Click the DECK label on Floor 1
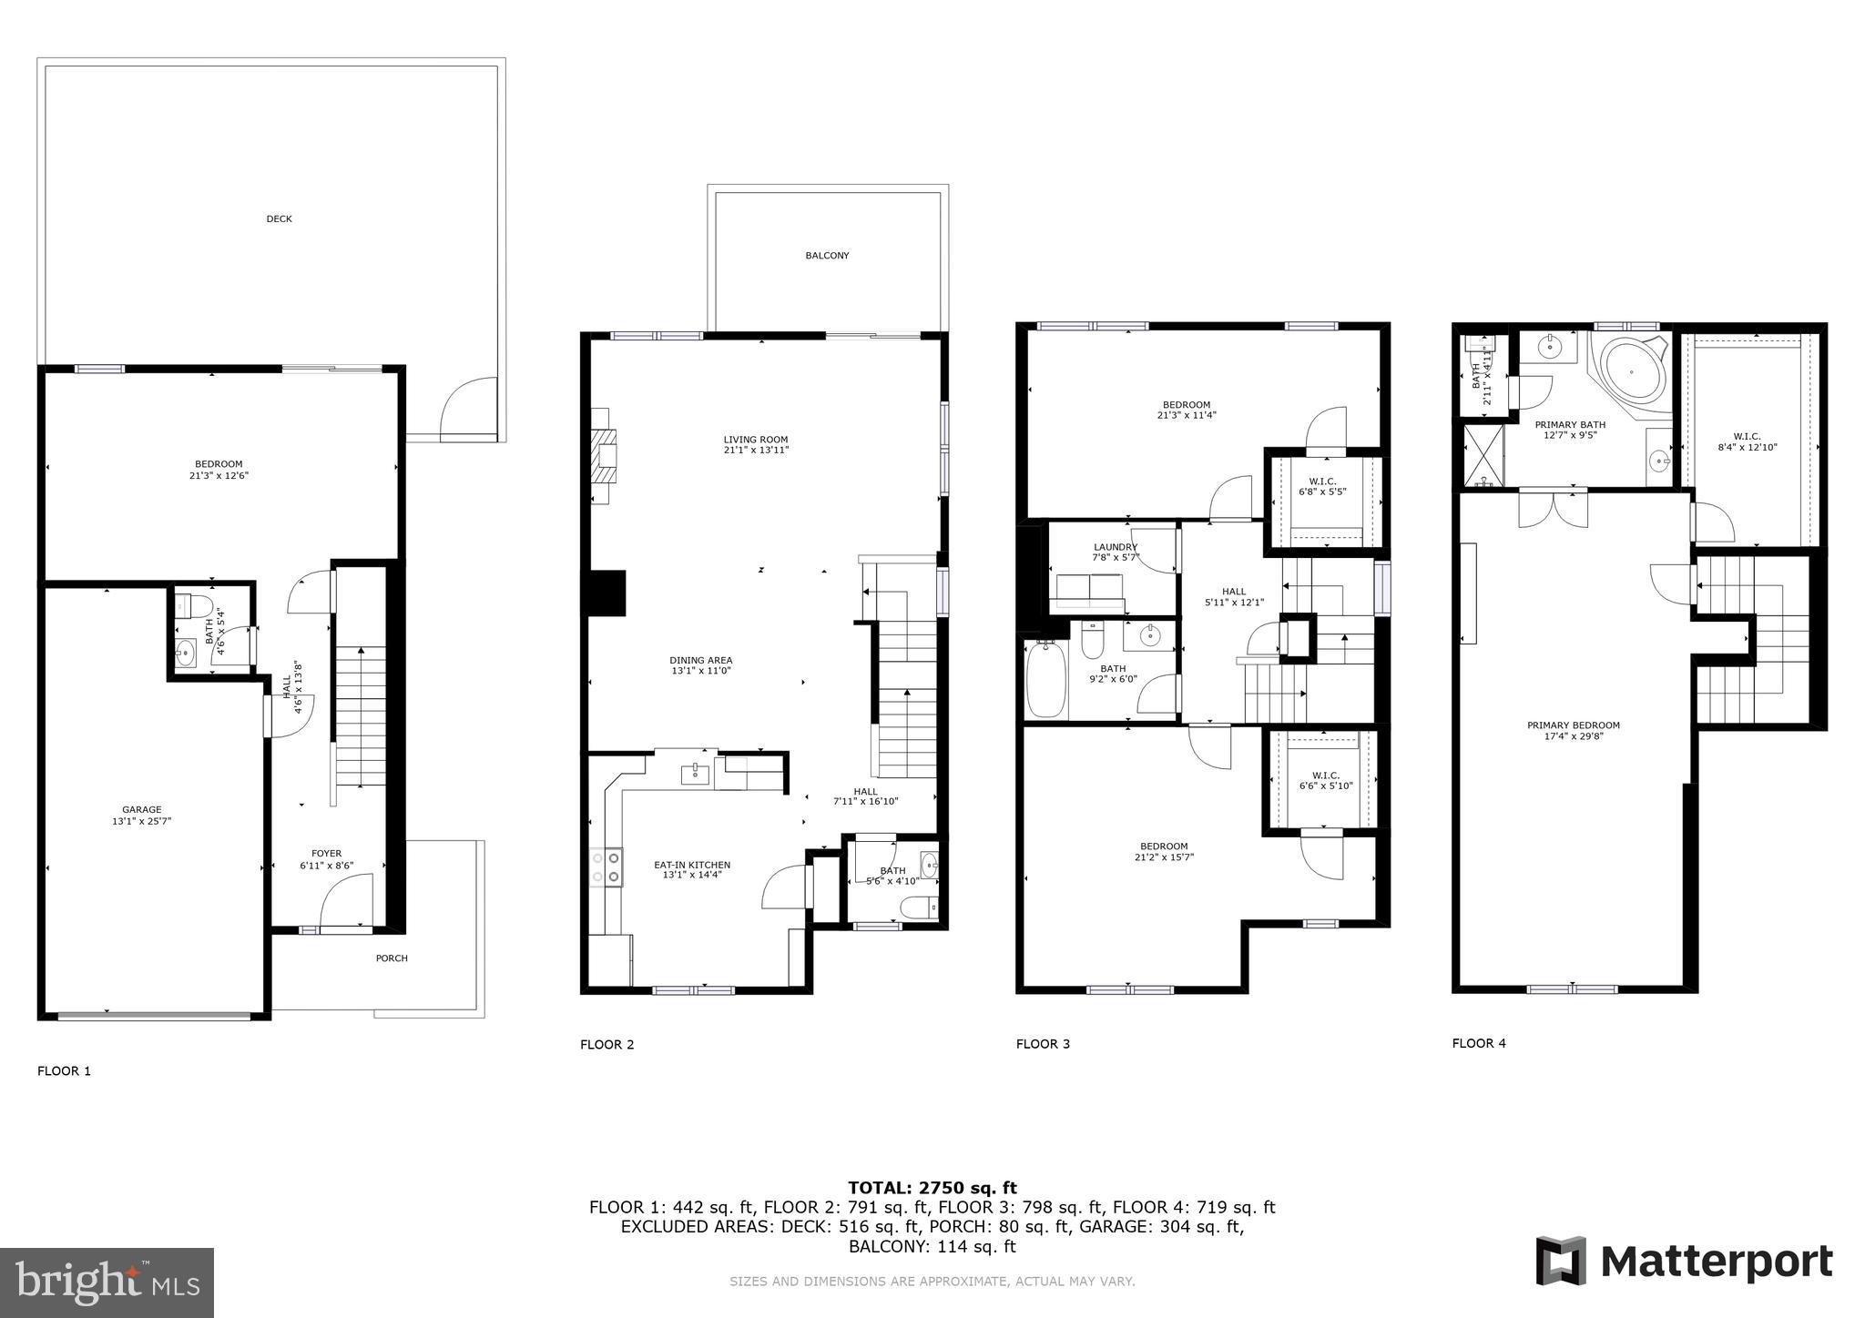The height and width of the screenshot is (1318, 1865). (279, 218)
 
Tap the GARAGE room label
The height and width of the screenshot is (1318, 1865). (142, 809)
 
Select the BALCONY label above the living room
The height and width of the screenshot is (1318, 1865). (827, 256)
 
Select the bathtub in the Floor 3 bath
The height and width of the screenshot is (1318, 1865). (1045, 680)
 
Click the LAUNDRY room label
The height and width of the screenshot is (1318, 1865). (1116, 547)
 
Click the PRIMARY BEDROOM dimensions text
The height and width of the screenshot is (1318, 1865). (1573, 736)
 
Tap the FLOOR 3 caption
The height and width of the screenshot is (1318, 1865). (1043, 1044)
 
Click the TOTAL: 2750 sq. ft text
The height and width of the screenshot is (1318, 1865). (932, 1187)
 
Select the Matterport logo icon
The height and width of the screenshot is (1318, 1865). (1561, 1261)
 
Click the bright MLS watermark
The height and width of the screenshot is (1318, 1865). (107, 1283)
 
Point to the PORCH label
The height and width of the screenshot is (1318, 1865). (392, 958)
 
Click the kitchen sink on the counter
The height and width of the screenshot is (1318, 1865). (696, 774)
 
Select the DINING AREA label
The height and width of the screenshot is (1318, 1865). (700, 665)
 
